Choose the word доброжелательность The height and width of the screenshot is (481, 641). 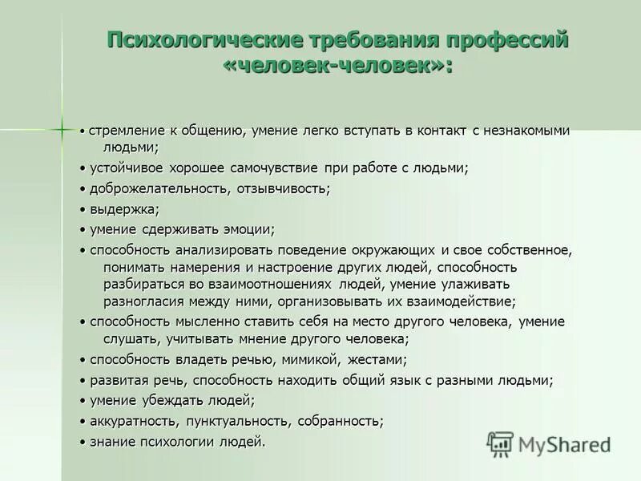coord(159,188)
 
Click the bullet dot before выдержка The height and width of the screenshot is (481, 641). coord(83,209)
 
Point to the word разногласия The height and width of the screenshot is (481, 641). coord(143,301)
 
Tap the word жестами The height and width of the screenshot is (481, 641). coord(379,359)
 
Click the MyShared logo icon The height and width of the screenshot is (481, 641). coord(501,443)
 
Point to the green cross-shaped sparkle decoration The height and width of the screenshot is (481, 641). coord(61,128)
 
